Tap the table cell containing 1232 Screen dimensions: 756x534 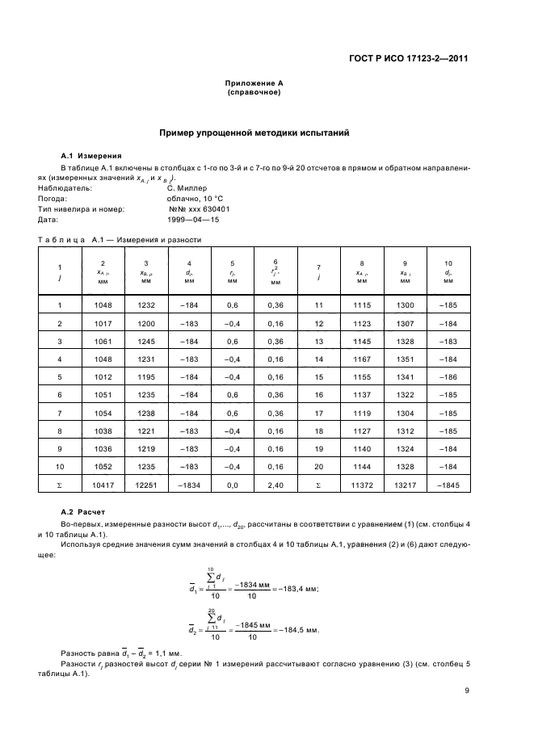coord(145,304)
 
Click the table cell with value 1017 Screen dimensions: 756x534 coord(103,323)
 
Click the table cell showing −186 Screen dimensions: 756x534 coord(448,376)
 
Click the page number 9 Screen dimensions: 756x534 coord(468,691)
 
